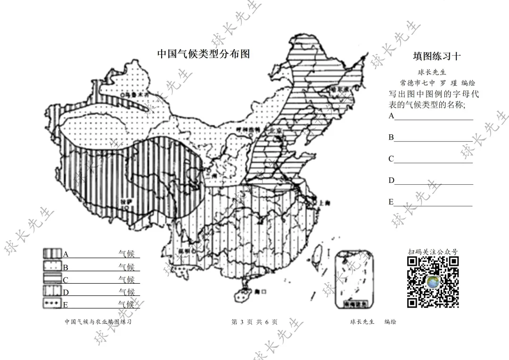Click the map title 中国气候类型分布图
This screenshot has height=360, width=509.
pos(203,54)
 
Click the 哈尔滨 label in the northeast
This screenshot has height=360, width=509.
pos(341,89)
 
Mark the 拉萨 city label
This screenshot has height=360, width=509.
pos(124,199)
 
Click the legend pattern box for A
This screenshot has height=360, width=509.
pos(53,254)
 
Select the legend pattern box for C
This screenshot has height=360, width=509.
pos(53,279)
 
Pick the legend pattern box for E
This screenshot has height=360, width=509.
pos(53,304)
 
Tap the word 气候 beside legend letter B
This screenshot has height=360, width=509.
pos(126,267)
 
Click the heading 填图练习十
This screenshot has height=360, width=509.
pos(437,57)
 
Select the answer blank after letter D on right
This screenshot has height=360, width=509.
pos(434,180)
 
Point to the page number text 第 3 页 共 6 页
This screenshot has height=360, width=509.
pos(254,322)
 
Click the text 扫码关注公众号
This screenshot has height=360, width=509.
pos(433,252)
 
